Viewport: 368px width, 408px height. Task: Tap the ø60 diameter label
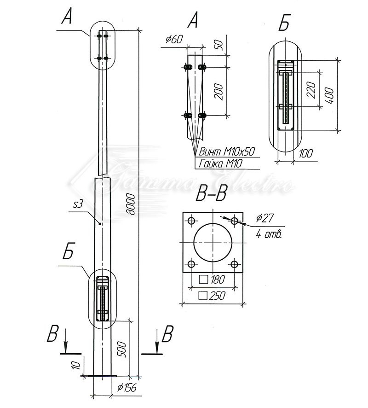174,40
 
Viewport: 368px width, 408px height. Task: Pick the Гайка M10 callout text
221,163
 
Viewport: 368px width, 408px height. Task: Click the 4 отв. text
268,234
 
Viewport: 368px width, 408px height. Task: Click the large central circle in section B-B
213,242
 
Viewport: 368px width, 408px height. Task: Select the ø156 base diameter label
127,388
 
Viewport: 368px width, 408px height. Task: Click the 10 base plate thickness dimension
77,366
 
